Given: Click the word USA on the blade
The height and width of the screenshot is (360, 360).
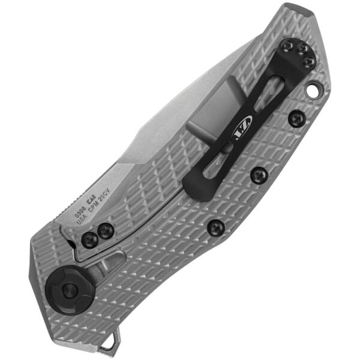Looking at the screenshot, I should (x=84, y=221).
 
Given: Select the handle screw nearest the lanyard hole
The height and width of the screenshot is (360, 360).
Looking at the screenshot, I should (x=295, y=118).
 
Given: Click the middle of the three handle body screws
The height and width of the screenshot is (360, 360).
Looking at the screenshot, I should (x=259, y=175).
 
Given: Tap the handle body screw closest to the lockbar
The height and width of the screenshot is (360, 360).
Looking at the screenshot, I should (x=215, y=227).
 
